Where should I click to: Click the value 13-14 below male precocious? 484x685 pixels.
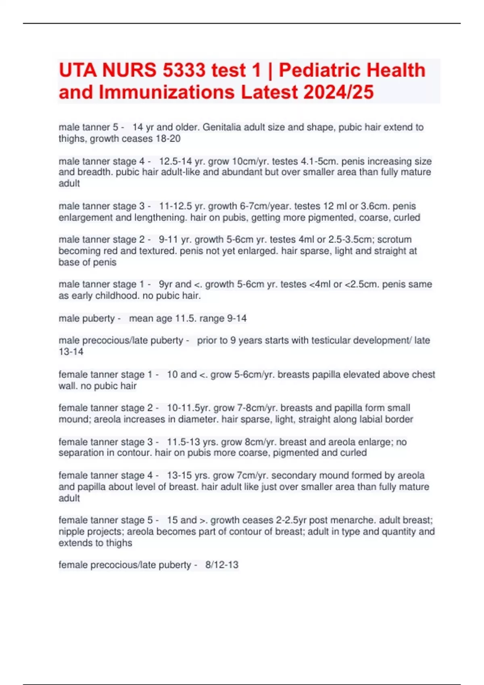[71, 352]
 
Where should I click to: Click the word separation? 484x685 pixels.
[81, 453]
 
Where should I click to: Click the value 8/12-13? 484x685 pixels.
[222, 565]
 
